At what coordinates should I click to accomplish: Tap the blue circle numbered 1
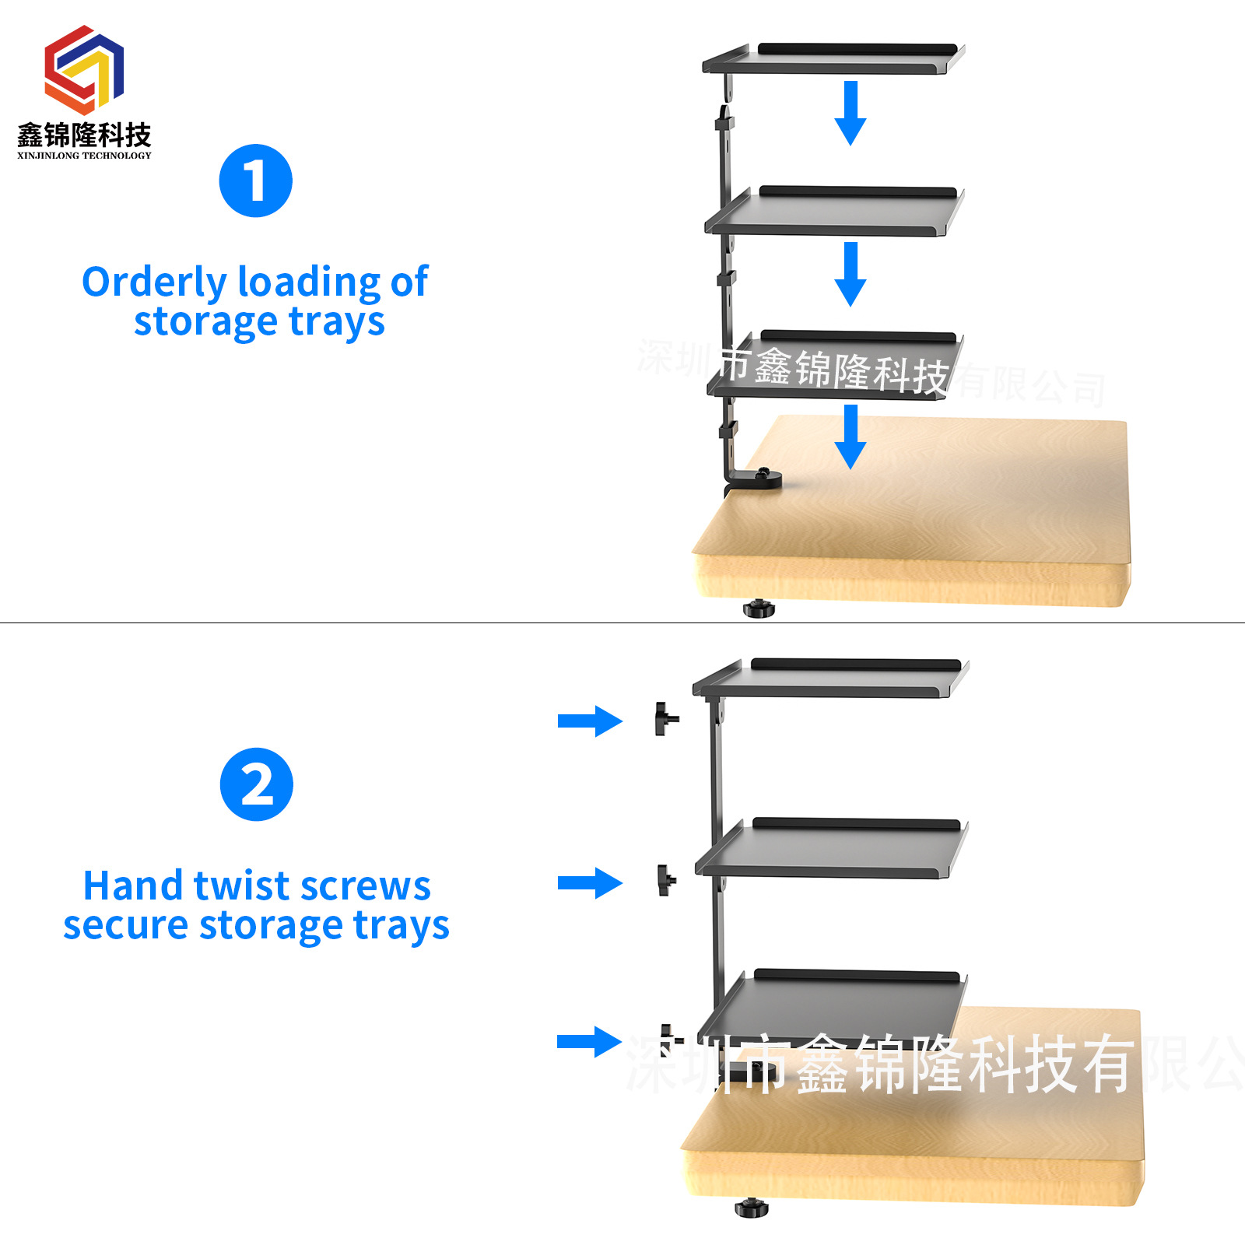[255, 181]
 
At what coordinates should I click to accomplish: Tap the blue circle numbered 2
[256, 784]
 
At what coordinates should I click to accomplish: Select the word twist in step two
[241, 886]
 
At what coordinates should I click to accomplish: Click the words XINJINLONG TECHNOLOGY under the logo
[84, 156]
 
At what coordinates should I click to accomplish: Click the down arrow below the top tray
[850, 112]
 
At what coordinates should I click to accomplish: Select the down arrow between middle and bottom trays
[850, 273]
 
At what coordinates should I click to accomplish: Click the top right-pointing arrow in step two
[590, 721]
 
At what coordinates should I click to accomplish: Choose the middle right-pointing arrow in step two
[590, 882]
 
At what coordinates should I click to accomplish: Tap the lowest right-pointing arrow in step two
[590, 1042]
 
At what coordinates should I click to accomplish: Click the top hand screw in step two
[665, 719]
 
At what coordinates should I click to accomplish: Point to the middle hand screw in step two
[666, 880]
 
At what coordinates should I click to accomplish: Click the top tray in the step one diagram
[833, 60]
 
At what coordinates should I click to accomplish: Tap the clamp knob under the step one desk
[759, 608]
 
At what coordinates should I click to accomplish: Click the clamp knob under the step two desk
[752, 1208]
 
